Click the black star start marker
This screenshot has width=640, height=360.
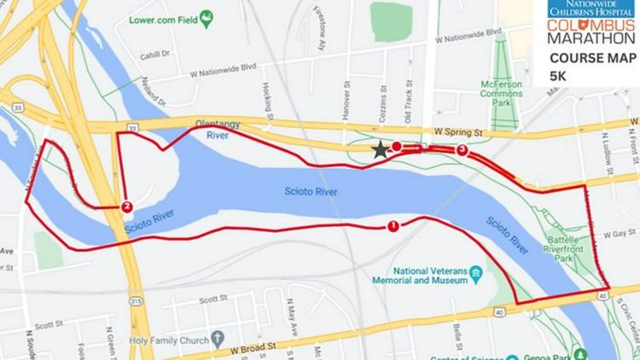(x=380, y=150)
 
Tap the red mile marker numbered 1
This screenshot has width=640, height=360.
(x=393, y=226)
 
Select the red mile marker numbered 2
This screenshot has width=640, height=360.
(x=126, y=206)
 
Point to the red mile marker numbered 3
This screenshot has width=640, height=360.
(x=463, y=150)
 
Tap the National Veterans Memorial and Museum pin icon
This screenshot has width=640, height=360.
(x=476, y=273)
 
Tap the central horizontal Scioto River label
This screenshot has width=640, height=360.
(x=311, y=192)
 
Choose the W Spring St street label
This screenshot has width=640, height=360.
(x=458, y=133)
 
